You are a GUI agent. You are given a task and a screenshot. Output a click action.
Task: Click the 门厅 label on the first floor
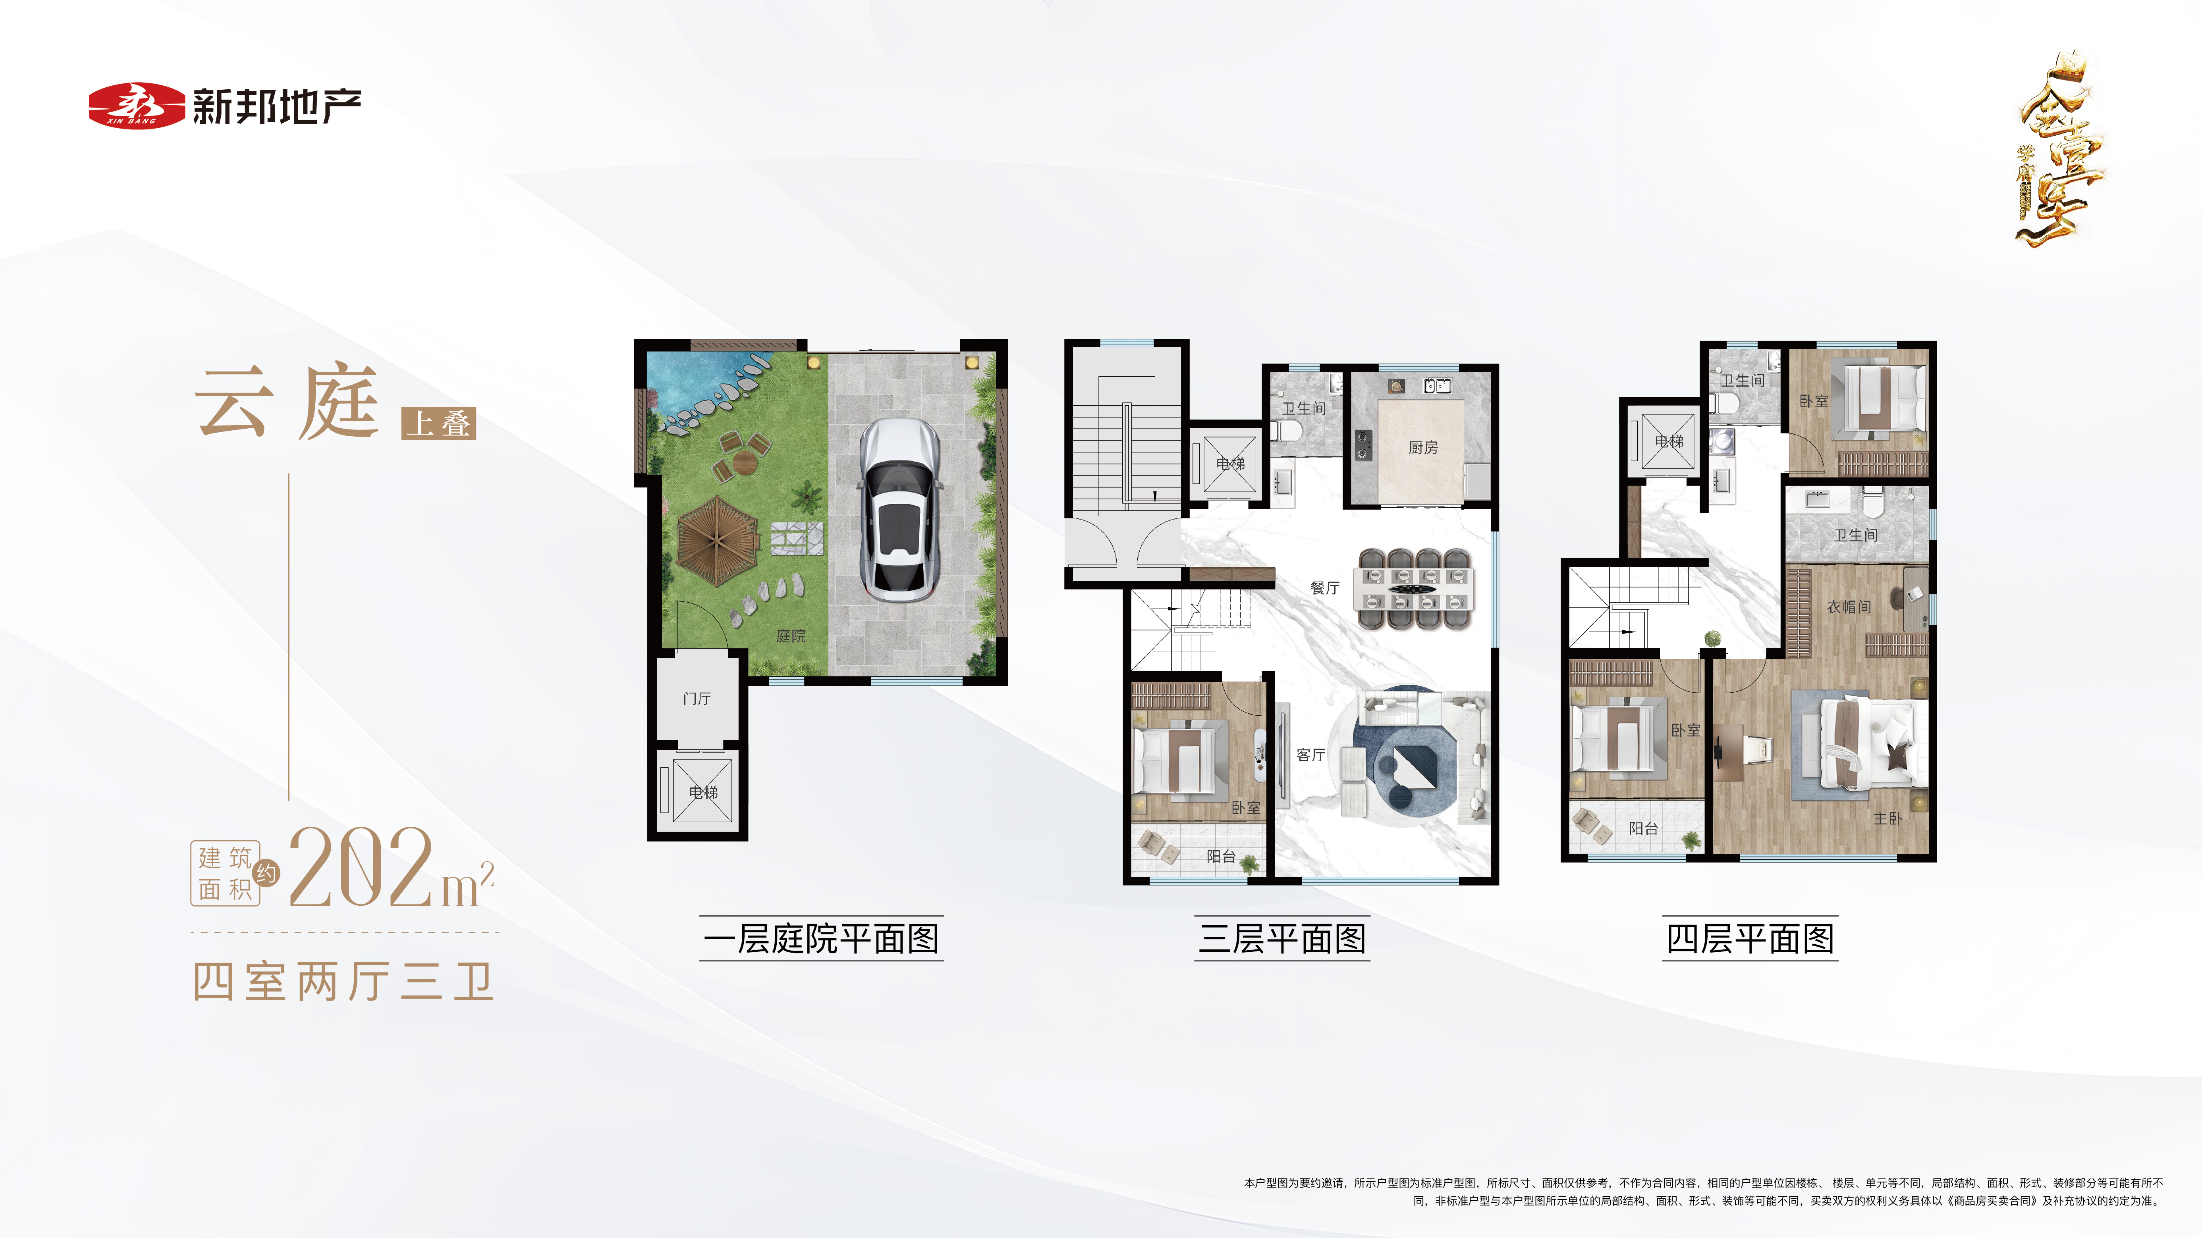click(x=697, y=699)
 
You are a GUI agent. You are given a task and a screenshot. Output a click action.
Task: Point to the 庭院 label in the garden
click(x=791, y=635)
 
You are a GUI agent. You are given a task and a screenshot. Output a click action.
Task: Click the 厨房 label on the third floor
click(x=1423, y=448)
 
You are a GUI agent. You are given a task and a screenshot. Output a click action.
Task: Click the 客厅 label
click(x=1310, y=755)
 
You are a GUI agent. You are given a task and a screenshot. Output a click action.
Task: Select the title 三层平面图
click(x=1282, y=939)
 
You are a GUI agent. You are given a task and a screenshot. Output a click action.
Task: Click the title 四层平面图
click(x=1750, y=939)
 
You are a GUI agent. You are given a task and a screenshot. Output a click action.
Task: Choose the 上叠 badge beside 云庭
click(x=438, y=423)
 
